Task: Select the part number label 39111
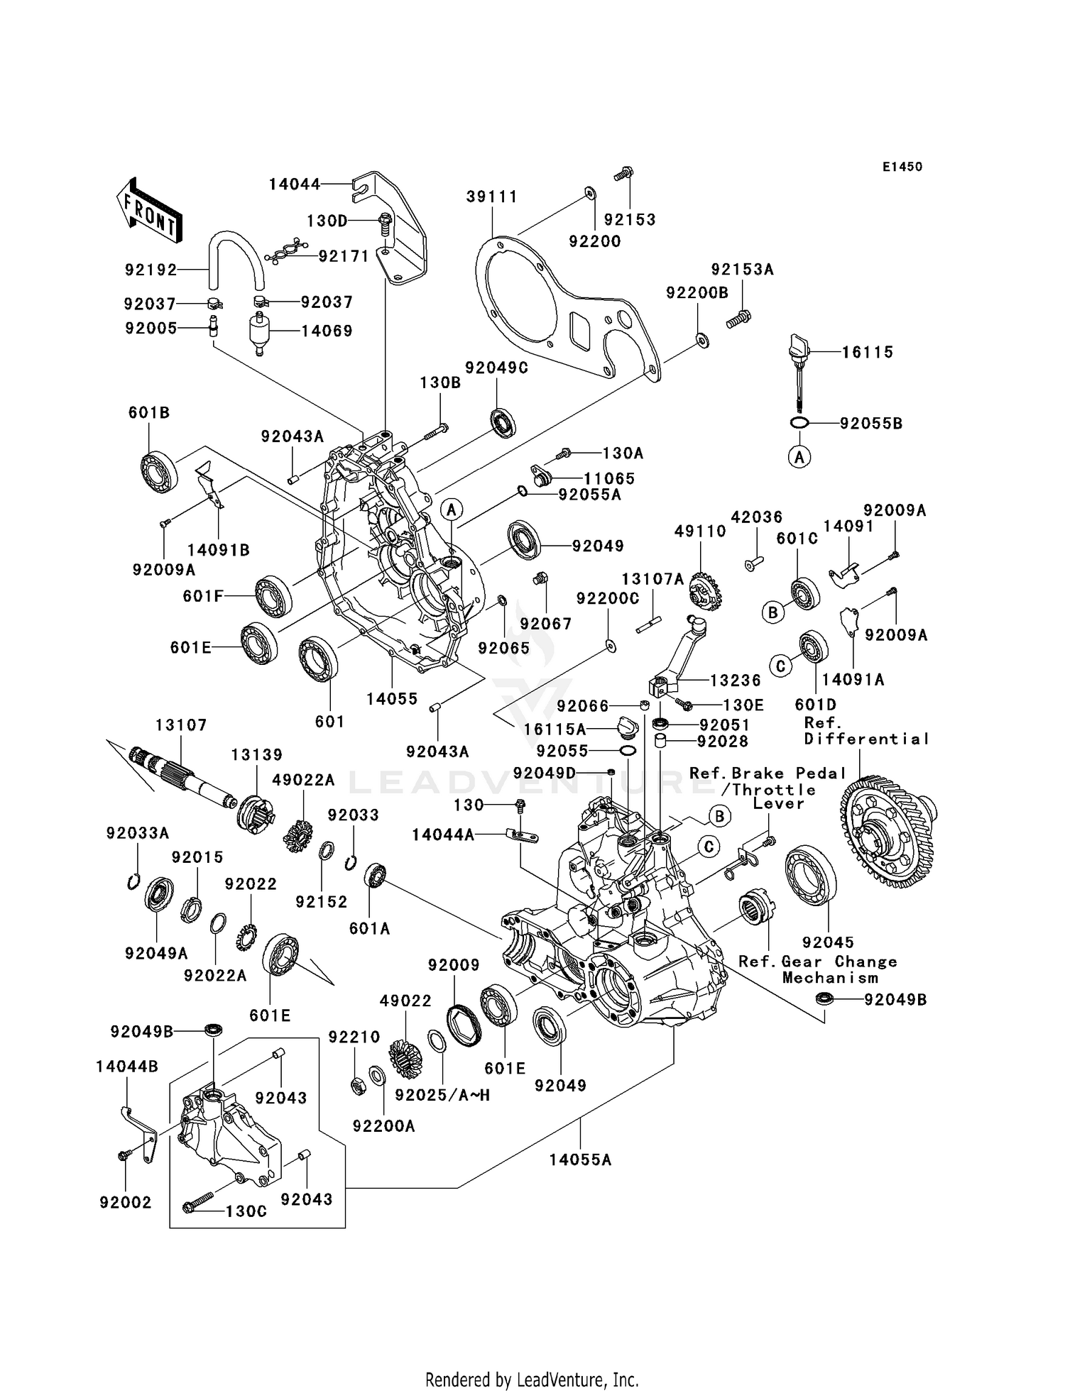491,197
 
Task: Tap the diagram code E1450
902,167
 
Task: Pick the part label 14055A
580,1160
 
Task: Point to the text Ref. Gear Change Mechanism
818,969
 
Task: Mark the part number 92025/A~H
442,1095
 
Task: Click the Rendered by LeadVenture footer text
532,1379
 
